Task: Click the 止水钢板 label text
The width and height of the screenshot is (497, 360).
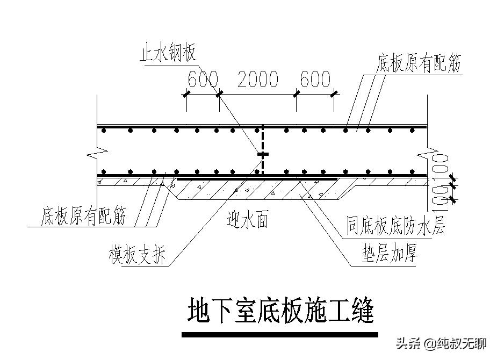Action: pyautogui.click(x=168, y=55)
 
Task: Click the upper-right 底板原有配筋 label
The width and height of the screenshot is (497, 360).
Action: pyautogui.click(x=419, y=64)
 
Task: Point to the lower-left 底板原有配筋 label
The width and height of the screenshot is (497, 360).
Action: pyautogui.click(x=83, y=217)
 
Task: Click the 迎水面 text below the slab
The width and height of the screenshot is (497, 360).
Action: pyautogui.click(x=247, y=220)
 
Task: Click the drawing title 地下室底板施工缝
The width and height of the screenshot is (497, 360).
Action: pyautogui.click(x=280, y=311)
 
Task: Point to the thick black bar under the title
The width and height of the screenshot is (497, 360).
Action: pyautogui.click(x=280, y=335)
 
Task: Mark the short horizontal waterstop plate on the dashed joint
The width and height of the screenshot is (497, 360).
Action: pyautogui.click(x=262, y=154)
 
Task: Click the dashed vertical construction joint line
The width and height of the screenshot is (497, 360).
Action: pyautogui.click(x=262, y=140)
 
